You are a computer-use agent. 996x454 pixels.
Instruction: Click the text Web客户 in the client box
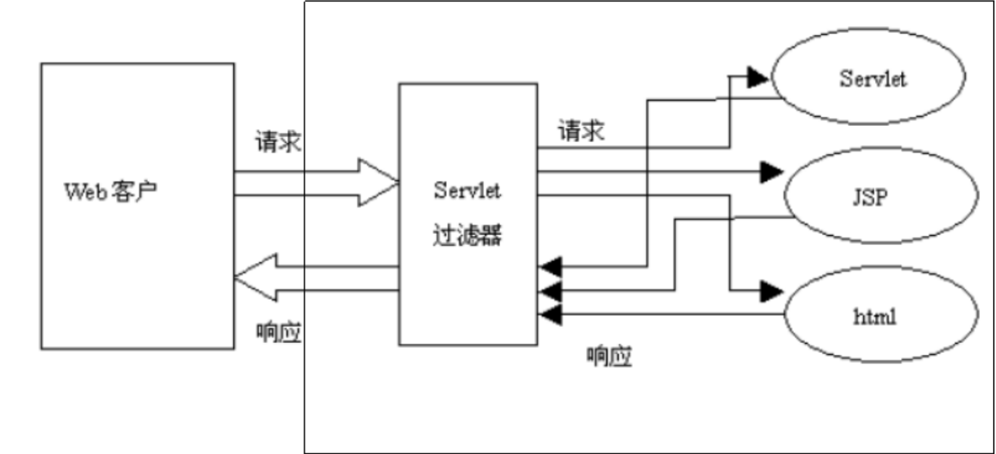[x=111, y=191]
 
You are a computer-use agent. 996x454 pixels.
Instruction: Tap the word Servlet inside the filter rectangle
[x=467, y=190]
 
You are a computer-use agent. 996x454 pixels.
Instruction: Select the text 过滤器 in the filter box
[x=467, y=236]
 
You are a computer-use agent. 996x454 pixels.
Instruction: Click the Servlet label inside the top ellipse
[x=872, y=79]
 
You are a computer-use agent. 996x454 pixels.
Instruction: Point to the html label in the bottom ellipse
[x=874, y=317]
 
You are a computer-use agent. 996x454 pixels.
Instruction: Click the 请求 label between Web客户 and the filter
[x=278, y=142]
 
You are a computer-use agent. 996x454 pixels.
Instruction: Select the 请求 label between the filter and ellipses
[x=581, y=132]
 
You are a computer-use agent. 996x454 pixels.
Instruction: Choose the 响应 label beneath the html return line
[x=609, y=356]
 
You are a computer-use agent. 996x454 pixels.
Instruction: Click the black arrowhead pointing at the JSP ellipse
[x=771, y=172]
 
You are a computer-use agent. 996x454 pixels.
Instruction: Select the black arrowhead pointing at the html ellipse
[x=771, y=291]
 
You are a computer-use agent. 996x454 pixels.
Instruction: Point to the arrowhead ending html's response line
[x=550, y=314]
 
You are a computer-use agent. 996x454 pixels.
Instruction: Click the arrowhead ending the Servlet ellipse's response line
[x=550, y=266]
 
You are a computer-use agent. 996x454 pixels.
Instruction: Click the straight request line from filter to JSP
[x=649, y=172]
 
